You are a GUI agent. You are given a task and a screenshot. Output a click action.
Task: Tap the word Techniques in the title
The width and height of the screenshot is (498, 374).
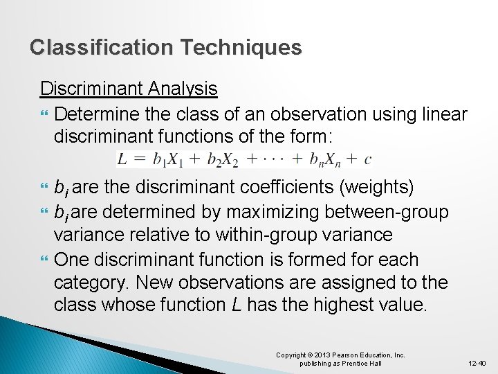(x=239, y=47)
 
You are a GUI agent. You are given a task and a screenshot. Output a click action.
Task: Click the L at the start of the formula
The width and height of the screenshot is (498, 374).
(x=121, y=159)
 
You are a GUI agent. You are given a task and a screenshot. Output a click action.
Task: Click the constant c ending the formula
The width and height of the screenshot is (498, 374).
(x=367, y=160)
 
